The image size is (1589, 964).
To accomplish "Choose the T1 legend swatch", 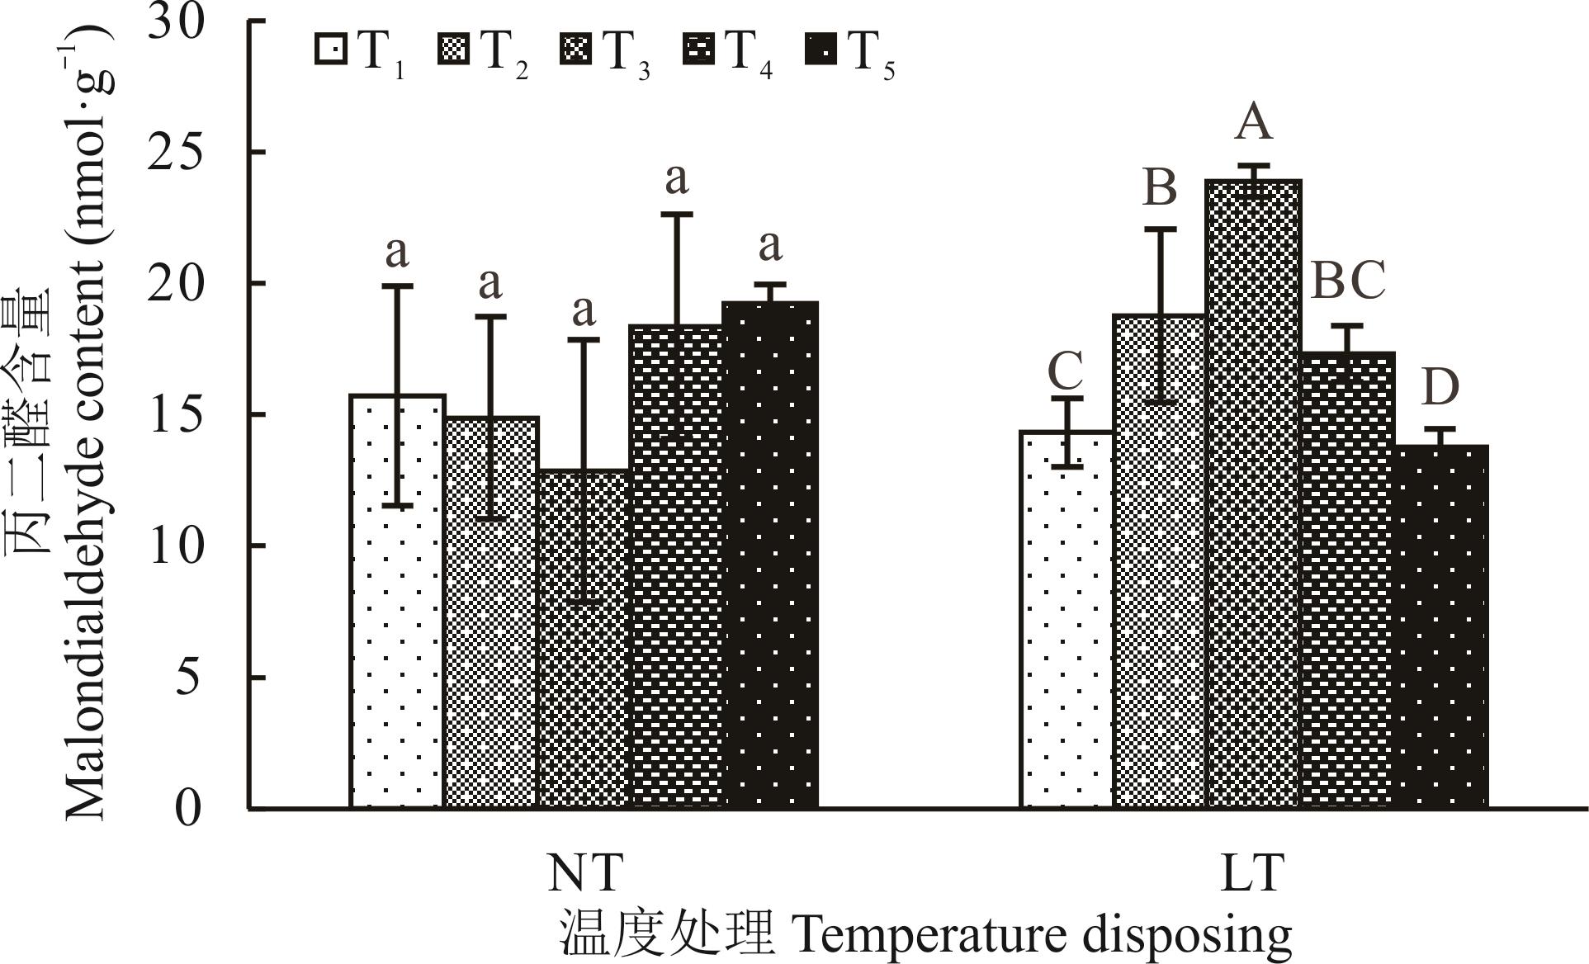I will click(x=331, y=50).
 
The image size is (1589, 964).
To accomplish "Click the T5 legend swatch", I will click(x=820, y=50).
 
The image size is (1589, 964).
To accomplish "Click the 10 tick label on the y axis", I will click(x=175, y=546).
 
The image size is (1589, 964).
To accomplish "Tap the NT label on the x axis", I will click(x=584, y=873).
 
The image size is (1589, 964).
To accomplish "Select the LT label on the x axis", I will click(x=1252, y=873).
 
